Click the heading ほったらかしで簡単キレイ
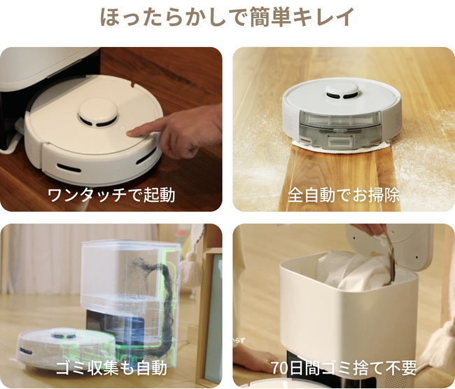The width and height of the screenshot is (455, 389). [x=227, y=18]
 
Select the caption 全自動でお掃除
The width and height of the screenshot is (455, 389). [x=344, y=194]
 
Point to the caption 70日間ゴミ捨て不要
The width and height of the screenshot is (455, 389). [x=344, y=367]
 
